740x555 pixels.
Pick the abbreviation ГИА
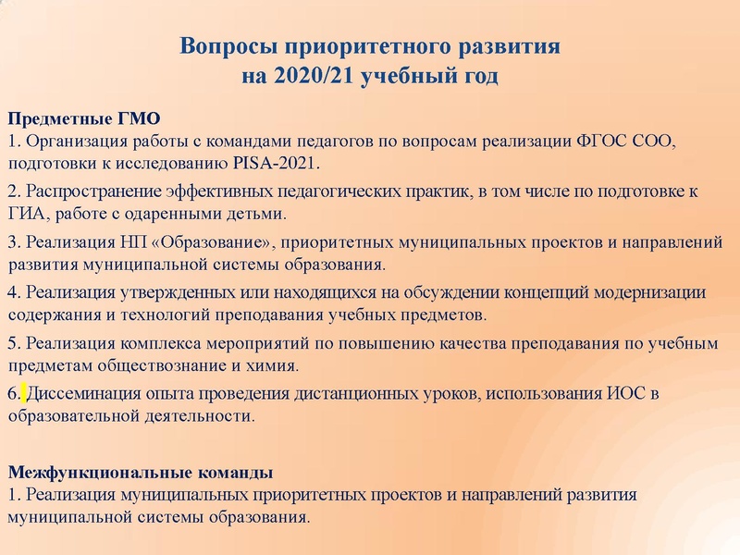27,214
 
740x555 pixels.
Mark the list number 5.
12,343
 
